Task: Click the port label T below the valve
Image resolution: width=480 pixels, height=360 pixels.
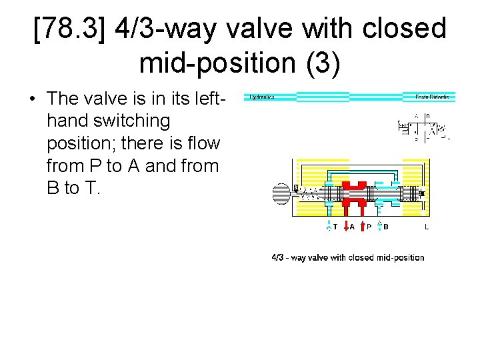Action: [335, 227]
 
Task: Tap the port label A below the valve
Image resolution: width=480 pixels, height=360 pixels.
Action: [352, 227]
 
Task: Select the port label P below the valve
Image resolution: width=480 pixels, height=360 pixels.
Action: [369, 227]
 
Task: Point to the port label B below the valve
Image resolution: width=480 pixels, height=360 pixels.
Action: [386, 227]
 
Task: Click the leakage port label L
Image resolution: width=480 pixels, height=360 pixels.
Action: [427, 227]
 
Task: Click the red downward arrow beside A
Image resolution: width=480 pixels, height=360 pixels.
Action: [345, 226]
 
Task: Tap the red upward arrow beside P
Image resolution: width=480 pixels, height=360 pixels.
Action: [363, 226]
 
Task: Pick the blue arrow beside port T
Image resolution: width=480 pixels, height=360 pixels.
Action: [329, 226]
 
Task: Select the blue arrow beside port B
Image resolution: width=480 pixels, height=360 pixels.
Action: [379, 226]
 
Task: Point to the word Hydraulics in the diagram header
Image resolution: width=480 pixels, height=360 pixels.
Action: [262, 97]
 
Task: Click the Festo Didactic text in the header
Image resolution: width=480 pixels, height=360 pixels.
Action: [432, 97]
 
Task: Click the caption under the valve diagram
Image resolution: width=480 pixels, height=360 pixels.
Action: [348, 257]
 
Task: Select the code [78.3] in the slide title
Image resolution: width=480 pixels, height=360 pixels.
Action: [69, 29]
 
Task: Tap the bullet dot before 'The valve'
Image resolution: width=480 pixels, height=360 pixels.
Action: [33, 99]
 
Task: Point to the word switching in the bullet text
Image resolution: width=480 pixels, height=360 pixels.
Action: [137, 121]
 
